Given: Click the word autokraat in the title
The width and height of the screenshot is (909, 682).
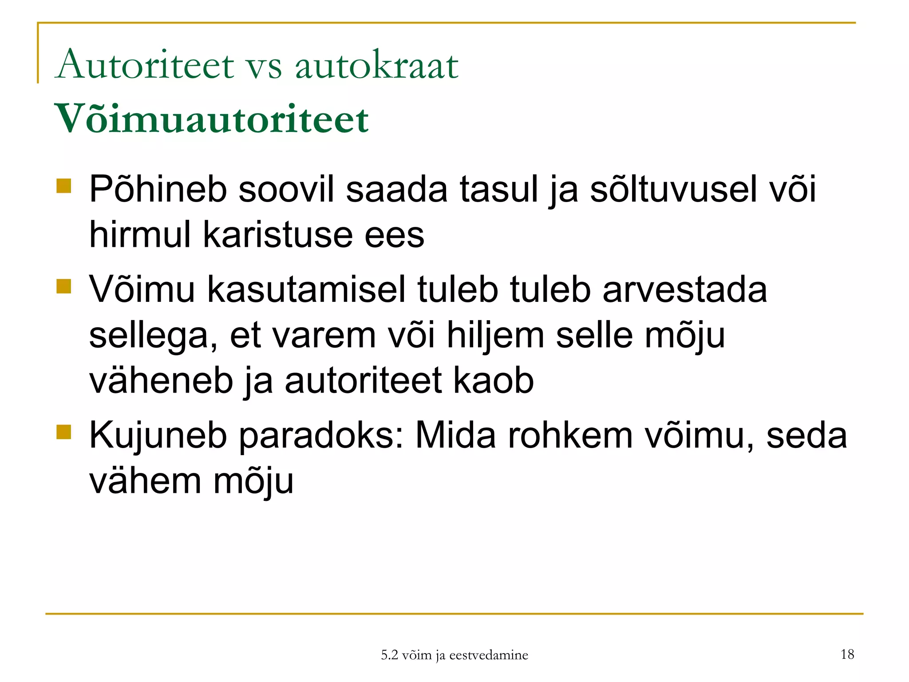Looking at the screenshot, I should (376, 66).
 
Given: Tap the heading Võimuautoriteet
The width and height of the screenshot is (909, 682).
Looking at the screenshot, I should (211, 119).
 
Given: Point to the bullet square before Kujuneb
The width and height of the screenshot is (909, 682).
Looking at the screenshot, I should (64, 432).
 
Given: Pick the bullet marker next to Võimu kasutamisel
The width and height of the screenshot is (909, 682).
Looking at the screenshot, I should (64, 286).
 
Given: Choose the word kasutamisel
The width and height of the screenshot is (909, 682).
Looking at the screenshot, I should (306, 289).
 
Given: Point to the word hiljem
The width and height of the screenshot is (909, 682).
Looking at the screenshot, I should (495, 335).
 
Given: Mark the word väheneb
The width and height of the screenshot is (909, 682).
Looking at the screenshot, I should (161, 381).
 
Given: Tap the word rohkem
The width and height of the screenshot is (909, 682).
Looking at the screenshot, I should (570, 435).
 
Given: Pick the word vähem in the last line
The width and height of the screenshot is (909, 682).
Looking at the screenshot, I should (145, 481).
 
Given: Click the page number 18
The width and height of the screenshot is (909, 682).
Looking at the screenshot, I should (847, 654).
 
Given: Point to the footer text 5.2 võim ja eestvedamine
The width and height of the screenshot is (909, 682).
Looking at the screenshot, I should (454, 655).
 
